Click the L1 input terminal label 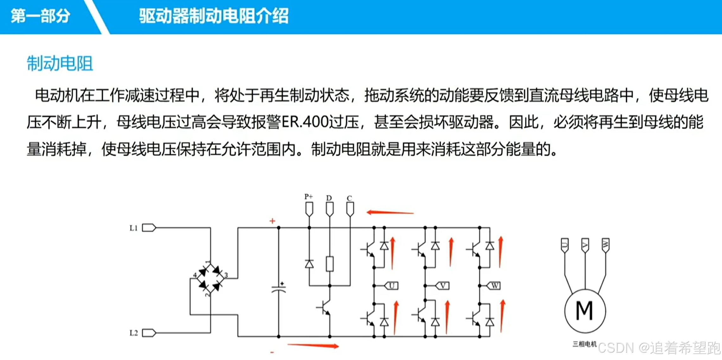coord(134,228)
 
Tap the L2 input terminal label coord(134,333)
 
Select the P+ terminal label coord(308,197)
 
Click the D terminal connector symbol coord(330,209)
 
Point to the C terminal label coord(349,198)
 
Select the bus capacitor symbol coord(279,289)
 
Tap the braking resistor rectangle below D coord(330,264)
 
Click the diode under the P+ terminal coord(309,264)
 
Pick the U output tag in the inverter coord(391,286)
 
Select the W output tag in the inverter coord(494,286)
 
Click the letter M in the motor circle coord(584,311)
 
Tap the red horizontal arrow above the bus coord(390,213)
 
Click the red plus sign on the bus coord(272,221)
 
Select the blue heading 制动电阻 coord(60,64)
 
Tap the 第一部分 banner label coord(40,16)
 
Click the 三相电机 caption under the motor coord(584,344)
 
